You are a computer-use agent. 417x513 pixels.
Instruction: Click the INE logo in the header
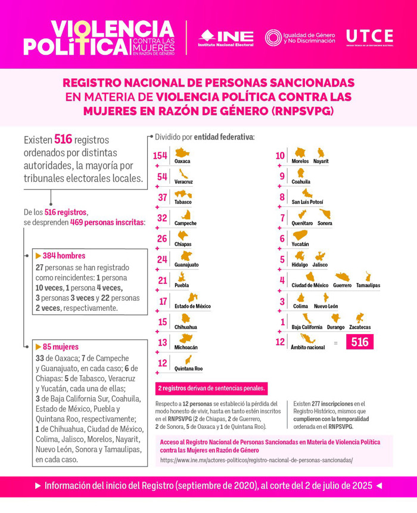pos(226,37)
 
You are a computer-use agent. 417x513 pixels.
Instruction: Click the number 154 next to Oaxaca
pos(160,156)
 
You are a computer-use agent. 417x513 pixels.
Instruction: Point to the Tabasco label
pos(183,202)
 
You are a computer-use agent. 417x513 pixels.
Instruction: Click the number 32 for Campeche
pos(162,218)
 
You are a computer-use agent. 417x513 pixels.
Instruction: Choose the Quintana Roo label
pos(189,369)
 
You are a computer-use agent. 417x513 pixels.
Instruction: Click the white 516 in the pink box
pos(359,342)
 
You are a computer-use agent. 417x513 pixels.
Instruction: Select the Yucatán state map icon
pos(300,234)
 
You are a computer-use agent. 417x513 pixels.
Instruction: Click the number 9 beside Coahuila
pos(282,176)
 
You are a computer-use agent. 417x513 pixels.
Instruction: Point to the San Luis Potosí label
pos(307,202)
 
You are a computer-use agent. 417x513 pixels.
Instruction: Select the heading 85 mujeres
pos(60,347)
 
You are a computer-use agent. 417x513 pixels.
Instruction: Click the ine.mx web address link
pos(256,460)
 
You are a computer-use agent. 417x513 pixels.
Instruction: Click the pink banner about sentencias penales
pos(211,388)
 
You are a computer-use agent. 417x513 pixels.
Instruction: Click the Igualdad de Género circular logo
pos(273,37)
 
